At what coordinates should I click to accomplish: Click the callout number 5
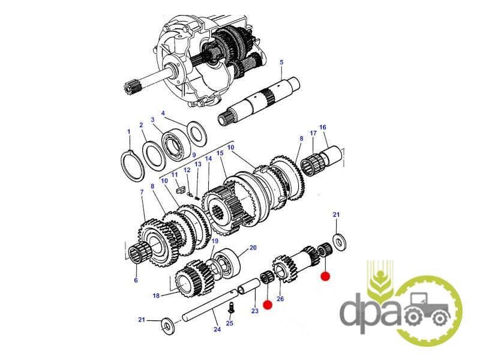[x=281, y=62]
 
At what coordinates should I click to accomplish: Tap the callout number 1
[x=129, y=131]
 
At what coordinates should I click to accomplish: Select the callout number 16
[x=323, y=127]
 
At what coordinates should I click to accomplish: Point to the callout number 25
[x=230, y=323]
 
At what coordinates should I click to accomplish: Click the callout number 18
[x=156, y=295]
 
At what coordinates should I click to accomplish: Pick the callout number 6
[x=136, y=280]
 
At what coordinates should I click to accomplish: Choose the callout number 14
[x=208, y=158]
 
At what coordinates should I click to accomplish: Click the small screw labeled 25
[x=232, y=307]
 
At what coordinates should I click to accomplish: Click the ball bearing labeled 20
[x=227, y=263]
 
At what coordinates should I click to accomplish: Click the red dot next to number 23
[x=268, y=305]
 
